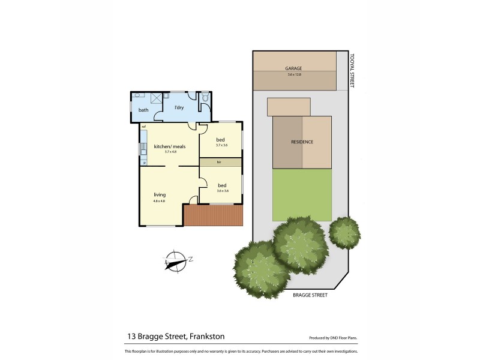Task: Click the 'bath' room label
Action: point(143,110)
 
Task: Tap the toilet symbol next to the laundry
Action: point(205,97)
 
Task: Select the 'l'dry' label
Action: point(178,107)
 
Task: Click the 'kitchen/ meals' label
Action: point(169,146)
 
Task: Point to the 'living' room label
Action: point(159,194)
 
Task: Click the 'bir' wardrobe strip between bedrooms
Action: point(220,163)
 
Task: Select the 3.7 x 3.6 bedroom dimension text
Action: point(222,145)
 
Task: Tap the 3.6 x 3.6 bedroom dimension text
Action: point(222,190)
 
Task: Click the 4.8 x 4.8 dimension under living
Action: point(159,200)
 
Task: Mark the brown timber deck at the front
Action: point(213,215)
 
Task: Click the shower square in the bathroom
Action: point(157,98)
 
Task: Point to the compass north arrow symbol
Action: point(175,260)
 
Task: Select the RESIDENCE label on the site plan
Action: point(302,142)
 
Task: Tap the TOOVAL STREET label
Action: point(353,69)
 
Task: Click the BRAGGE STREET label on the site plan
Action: point(311,295)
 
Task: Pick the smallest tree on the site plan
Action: point(344,230)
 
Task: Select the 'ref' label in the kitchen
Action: point(144,127)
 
